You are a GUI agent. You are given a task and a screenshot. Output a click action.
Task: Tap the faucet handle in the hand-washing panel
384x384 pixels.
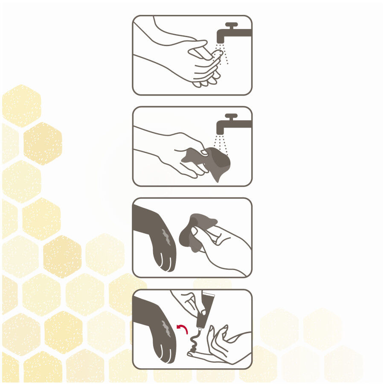pos(231,24)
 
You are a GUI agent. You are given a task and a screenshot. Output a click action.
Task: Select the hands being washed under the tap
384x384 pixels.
pos(201,64)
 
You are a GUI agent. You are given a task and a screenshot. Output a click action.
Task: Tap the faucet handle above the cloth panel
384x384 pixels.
pos(231,116)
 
